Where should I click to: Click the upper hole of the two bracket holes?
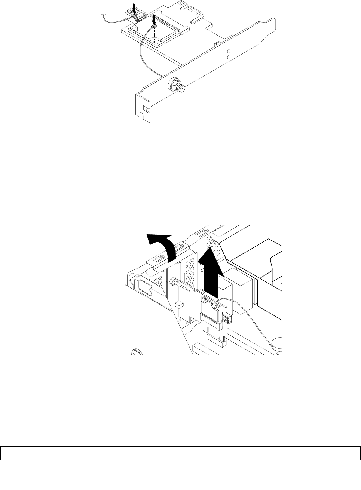coord(229,51)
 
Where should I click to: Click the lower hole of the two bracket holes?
coord(229,57)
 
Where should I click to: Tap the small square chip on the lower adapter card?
coord(180,304)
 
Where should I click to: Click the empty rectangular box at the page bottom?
coord(180,453)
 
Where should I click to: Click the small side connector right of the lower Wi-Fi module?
coord(226,318)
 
